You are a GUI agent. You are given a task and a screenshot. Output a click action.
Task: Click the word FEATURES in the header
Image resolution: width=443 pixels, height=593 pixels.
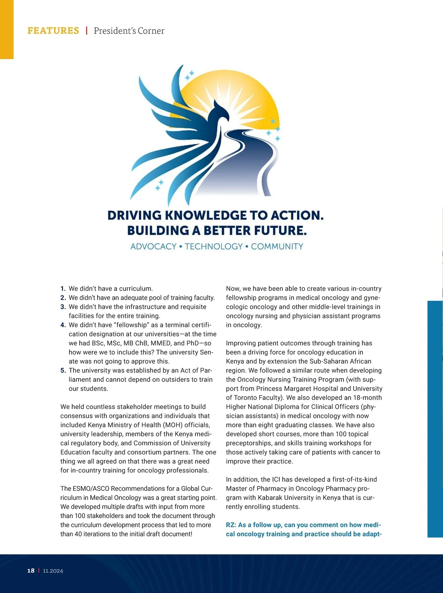(53, 31)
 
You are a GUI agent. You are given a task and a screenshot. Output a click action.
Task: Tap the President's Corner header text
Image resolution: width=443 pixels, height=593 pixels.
(129, 31)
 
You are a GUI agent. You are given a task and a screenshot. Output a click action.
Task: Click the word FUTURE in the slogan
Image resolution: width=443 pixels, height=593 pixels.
(280, 231)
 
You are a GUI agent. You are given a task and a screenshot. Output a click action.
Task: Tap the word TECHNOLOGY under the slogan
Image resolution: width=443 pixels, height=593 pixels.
(214, 247)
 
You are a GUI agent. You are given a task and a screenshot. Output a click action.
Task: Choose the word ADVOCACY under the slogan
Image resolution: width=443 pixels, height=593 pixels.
(153, 247)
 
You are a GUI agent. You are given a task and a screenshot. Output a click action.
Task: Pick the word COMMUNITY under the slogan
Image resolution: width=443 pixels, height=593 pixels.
(277, 247)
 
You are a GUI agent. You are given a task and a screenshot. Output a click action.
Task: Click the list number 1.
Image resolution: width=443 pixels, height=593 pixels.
(63, 289)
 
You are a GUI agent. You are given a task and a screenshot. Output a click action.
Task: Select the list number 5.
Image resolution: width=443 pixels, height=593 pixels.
(63, 370)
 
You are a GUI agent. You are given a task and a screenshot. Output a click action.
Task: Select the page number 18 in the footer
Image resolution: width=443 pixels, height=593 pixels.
(31, 570)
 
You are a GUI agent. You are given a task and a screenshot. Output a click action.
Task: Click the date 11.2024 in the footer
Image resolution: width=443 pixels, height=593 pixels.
(53, 571)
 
